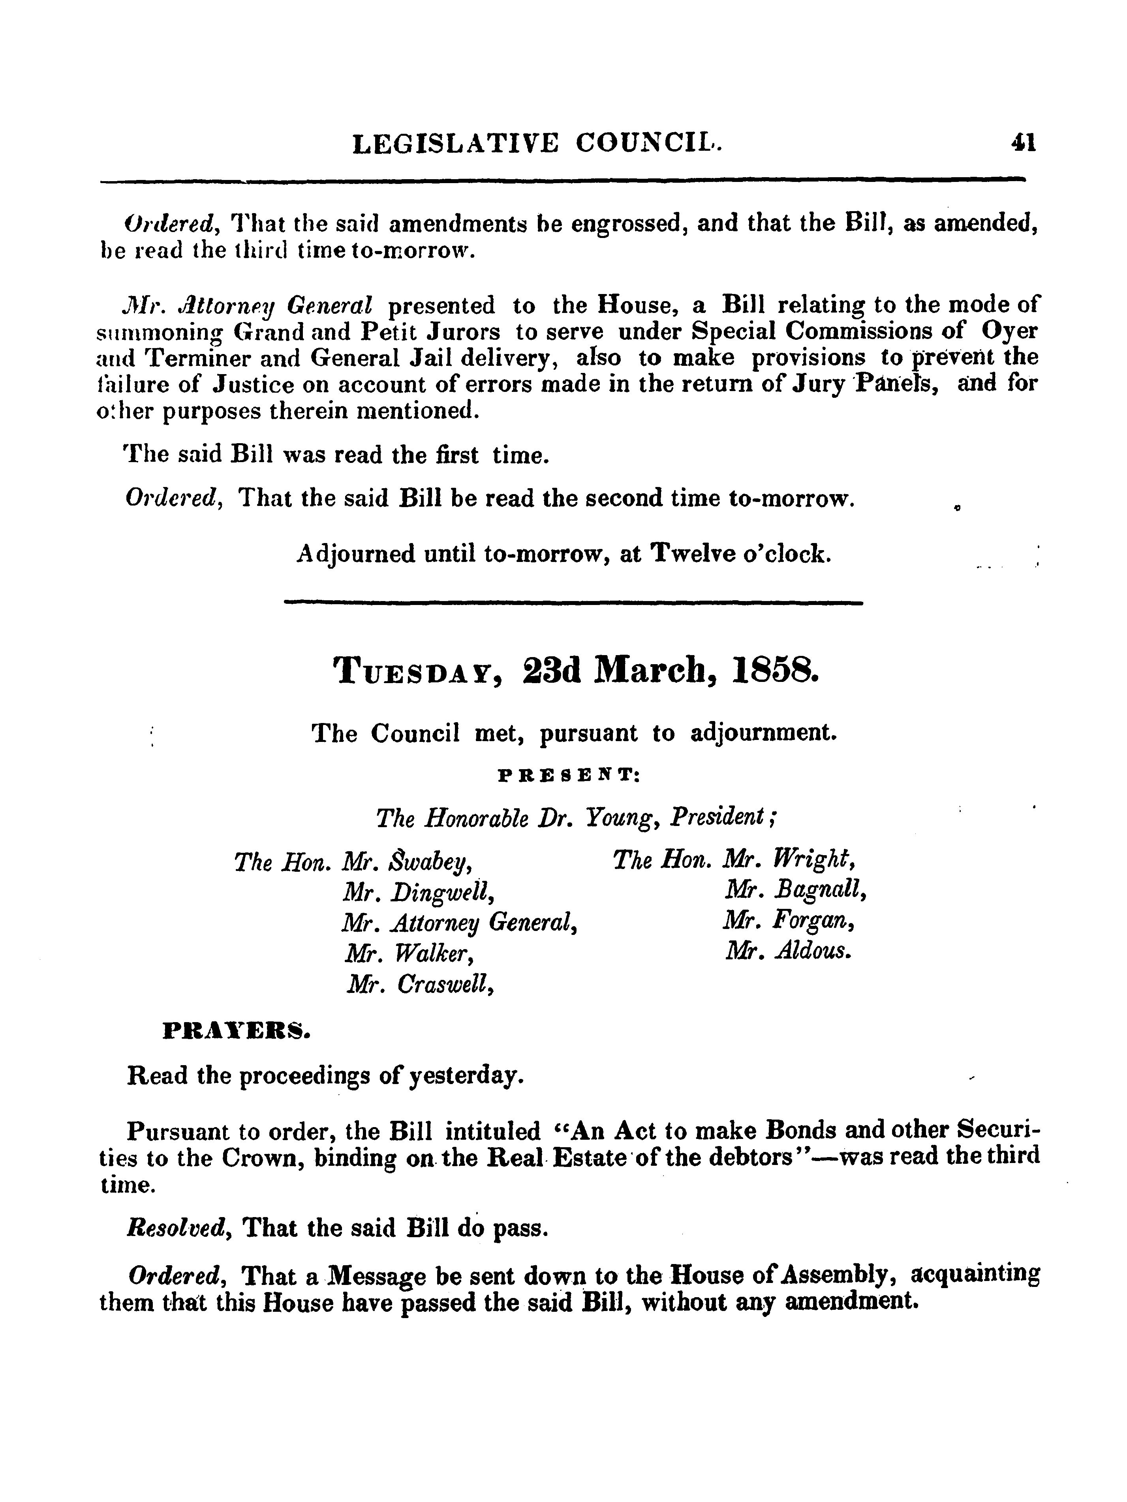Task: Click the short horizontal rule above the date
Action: click(x=573, y=602)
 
